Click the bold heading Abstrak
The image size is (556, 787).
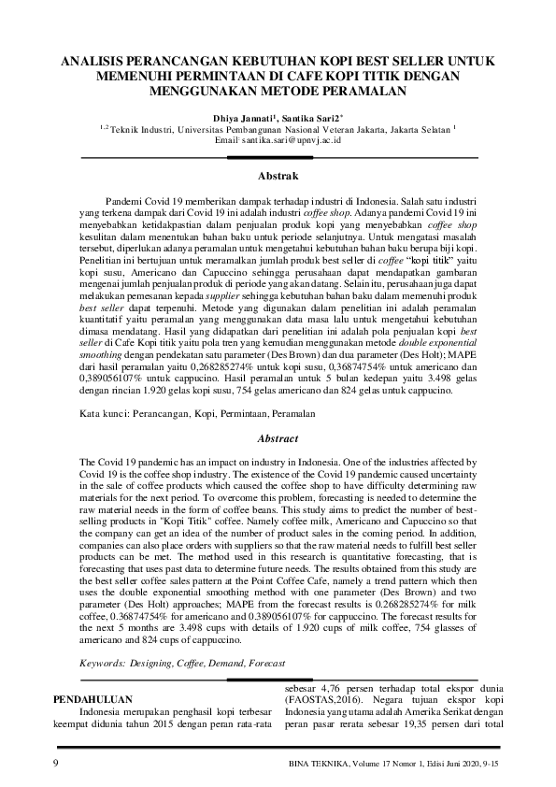278,176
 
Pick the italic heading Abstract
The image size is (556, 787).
278,438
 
